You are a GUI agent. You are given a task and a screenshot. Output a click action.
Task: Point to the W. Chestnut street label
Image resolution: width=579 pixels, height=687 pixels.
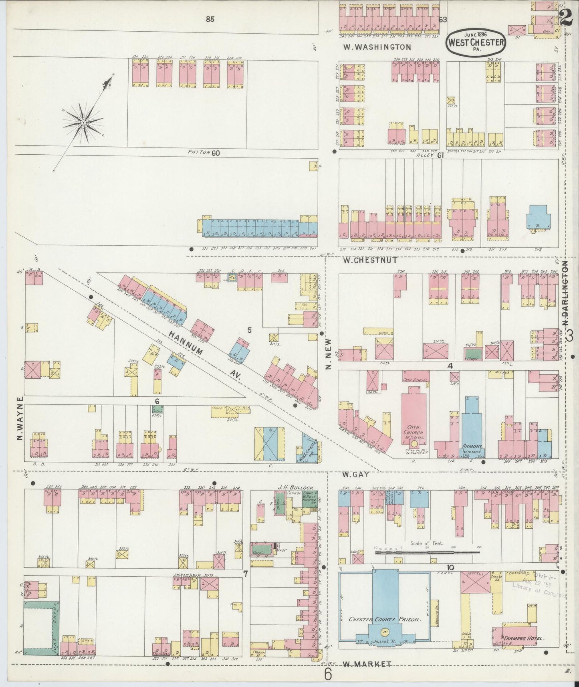pos(371,260)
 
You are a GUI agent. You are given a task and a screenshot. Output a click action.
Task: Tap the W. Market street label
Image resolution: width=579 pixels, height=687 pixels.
pos(367,664)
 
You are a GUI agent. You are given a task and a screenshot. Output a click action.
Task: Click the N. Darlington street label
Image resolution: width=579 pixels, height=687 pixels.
pos(565,293)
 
